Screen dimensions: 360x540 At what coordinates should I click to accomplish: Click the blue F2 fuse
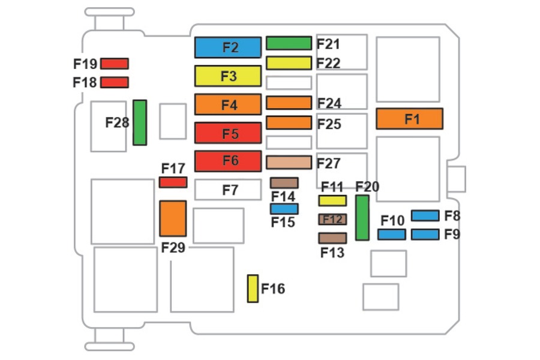pyautogui.click(x=228, y=47)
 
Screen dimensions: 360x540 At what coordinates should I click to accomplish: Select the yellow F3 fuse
pyautogui.click(x=228, y=76)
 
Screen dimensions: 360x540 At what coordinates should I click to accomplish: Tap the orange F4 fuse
pyautogui.click(x=228, y=104)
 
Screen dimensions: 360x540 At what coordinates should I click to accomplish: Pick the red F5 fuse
pyautogui.click(x=228, y=133)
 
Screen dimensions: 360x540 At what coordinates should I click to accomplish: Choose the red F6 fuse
pyautogui.click(x=228, y=161)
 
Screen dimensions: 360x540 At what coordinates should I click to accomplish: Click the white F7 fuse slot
pyautogui.click(x=228, y=190)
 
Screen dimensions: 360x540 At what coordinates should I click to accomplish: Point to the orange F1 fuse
pyautogui.click(x=410, y=119)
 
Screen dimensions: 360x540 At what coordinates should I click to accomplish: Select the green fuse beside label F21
pyautogui.click(x=289, y=43)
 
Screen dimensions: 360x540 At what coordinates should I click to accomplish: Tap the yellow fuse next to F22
pyautogui.click(x=289, y=62)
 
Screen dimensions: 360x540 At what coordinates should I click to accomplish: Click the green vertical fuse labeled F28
pyautogui.click(x=140, y=122)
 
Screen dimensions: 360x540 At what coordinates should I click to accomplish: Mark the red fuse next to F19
pyautogui.click(x=115, y=64)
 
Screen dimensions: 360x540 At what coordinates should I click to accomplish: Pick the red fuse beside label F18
pyautogui.click(x=115, y=82)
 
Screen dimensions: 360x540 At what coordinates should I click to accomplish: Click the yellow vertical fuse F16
pyautogui.click(x=253, y=289)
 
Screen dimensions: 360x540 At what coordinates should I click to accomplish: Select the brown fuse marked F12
pyautogui.click(x=332, y=220)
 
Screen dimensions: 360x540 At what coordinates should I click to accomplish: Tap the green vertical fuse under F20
pyautogui.click(x=362, y=218)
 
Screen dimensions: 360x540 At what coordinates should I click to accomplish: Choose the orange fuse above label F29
pyautogui.click(x=173, y=218)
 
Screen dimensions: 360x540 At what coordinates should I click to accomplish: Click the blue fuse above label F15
pyautogui.click(x=284, y=209)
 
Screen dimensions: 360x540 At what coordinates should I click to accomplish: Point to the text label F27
pyautogui.click(x=329, y=163)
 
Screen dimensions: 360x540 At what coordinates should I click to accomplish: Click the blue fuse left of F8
pyautogui.click(x=425, y=215)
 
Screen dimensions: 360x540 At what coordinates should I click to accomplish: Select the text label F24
pyautogui.click(x=329, y=104)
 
